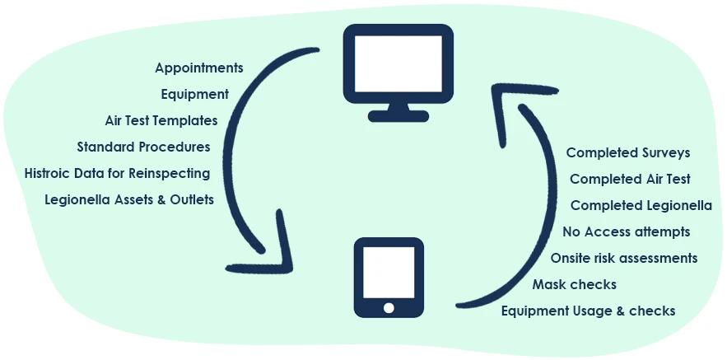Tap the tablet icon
click(x=389, y=277)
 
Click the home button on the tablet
click(x=389, y=307)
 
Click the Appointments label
click(x=198, y=68)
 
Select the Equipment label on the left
click(x=194, y=94)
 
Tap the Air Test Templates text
click(x=161, y=120)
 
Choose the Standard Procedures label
click(x=143, y=147)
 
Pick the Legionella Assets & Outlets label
click(x=129, y=199)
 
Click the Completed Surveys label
click(x=628, y=152)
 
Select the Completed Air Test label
click(x=630, y=179)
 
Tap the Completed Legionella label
click(x=641, y=205)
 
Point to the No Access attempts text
click(x=626, y=231)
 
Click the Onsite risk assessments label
click(x=624, y=258)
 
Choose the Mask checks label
click(x=575, y=284)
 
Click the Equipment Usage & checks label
click(x=588, y=311)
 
